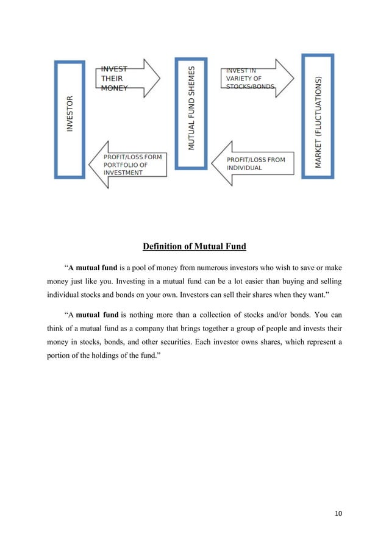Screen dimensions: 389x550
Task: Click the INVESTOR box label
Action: point(70,115)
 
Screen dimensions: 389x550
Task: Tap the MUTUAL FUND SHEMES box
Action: point(191,109)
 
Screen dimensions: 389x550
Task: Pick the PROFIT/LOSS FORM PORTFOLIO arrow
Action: point(127,165)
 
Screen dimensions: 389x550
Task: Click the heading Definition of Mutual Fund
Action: point(194,246)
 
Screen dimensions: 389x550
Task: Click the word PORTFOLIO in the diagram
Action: point(126,165)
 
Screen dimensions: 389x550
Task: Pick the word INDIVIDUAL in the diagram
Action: point(244,168)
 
